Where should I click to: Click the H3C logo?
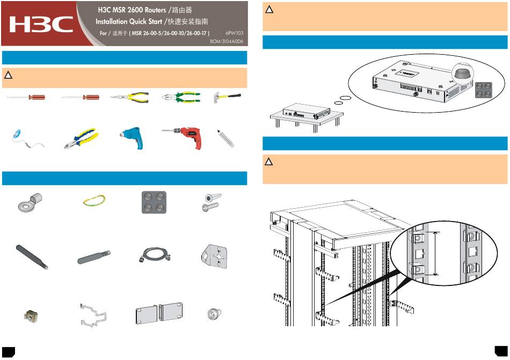click(x=41, y=24)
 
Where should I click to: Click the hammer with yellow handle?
click(x=227, y=97)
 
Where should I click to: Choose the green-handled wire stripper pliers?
click(x=181, y=97)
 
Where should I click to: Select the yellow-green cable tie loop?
click(x=93, y=201)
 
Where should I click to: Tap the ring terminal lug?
click(x=25, y=202)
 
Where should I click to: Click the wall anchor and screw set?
click(x=210, y=202)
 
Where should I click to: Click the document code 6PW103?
click(x=235, y=33)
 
